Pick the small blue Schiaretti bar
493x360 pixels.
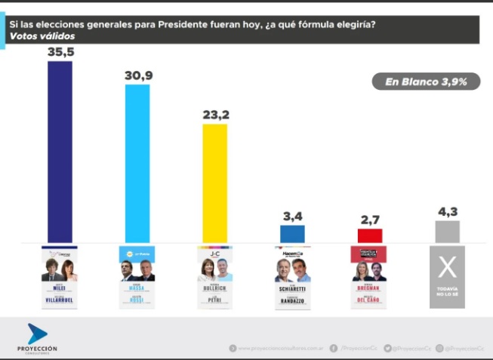click(x=292, y=234)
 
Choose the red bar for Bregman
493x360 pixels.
click(x=370, y=235)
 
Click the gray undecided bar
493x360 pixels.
click(x=447, y=232)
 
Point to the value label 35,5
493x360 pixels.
click(x=60, y=52)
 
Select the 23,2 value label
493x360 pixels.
click(x=214, y=115)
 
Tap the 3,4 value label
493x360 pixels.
click(x=292, y=216)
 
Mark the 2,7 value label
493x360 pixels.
click(x=370, y=219)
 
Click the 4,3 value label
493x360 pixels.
click(x=447, y=211)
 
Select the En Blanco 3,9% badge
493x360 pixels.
click(x=425, y=82)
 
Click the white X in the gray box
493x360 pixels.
click(x=447, y=266)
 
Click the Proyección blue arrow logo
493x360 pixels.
click(x=37, y=333)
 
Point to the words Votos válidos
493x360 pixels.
click(x=35, y=36)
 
